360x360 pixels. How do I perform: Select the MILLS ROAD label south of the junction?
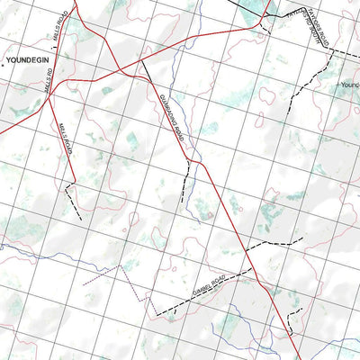65,139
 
